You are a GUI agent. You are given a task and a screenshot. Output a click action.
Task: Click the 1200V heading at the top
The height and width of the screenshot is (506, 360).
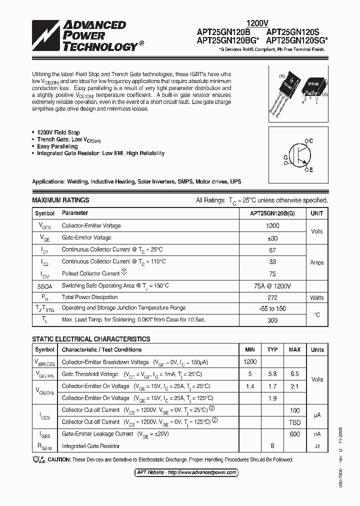tap(257, 23)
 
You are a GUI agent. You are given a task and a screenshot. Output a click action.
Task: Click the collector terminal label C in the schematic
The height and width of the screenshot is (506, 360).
tap(311, 141)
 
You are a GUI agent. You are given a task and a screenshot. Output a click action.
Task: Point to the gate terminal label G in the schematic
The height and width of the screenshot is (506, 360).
tap(285, 157)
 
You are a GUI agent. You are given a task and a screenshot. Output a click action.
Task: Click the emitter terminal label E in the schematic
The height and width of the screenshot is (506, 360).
tap(311, 170)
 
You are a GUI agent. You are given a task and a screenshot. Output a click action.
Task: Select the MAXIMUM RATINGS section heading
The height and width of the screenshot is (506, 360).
tap(60, 200)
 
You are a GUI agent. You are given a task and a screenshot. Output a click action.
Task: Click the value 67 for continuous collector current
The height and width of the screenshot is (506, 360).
tap(272, 249)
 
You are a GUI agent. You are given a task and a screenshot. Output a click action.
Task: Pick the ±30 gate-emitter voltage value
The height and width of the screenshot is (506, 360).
tap(272, 237)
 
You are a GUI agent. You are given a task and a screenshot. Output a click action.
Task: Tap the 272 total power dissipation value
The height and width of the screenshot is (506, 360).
tap(272, 297)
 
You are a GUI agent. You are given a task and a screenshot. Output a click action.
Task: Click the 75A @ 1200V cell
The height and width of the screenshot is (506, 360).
tap(272, 285)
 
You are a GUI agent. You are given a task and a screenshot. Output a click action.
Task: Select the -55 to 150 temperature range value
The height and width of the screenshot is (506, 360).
tap(272, 308)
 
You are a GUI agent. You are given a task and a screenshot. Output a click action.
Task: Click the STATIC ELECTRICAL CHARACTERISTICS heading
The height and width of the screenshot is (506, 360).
tap(91, 338)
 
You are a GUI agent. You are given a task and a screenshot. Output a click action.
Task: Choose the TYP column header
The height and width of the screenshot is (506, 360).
tap(272, 349)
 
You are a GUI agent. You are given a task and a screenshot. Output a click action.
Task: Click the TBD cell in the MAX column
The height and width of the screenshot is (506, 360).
tap(294, 422)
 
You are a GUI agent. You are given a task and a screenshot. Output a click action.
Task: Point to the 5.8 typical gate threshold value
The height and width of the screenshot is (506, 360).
tap(272, 374)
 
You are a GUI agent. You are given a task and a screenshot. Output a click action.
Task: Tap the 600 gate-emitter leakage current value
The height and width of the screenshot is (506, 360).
tap(294, 434)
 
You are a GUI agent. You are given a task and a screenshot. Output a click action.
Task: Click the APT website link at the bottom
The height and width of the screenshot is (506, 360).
tap(187, 472)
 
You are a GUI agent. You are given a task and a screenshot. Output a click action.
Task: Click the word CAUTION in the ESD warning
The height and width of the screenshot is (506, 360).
tap(59, 459)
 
